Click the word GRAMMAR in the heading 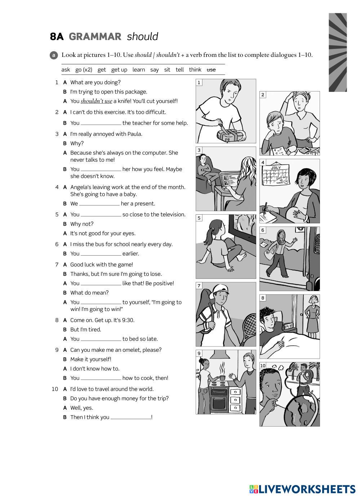coord(95,37)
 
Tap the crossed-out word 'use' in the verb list coord(211,70)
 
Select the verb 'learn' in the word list coord(138,70)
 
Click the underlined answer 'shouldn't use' coord(96,101)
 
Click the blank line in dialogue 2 coord(101,124)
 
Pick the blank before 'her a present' coord(99,204)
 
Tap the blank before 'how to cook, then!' coord(101,378)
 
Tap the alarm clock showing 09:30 coord(288,326)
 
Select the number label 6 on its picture coord(263,230)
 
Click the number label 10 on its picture coord(263,365)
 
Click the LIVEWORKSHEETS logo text coord(307,489)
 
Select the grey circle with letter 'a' coord(54,55)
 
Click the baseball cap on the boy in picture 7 coord(219,289)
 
